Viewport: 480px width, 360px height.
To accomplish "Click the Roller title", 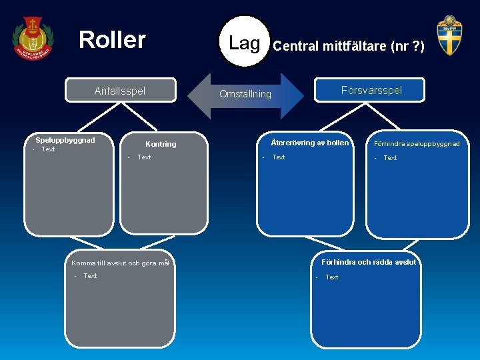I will point(112,40).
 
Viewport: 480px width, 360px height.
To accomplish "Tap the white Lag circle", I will point(244,43).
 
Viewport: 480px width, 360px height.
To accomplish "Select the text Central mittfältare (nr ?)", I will point(349,47).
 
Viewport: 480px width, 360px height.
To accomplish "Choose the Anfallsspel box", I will point(120,91).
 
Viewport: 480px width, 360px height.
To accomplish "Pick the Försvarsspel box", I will point(371,90).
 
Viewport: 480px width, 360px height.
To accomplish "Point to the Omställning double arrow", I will point(246,94).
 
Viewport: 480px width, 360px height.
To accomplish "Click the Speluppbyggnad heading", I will point(65,140).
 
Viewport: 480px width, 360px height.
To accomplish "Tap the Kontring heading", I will point(161,144).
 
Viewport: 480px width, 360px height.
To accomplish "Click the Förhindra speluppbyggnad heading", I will point(417,143).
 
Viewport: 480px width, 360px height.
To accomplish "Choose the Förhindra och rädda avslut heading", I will point(368,262).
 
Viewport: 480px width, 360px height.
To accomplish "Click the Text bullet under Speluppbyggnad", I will point(48,149).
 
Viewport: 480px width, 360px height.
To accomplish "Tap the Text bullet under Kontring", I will point(144,157).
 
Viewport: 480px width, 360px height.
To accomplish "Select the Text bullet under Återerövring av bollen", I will point(278,157).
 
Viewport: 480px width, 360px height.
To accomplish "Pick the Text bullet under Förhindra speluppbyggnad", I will point(390,158).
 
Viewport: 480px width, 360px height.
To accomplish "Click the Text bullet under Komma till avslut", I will point(90,276).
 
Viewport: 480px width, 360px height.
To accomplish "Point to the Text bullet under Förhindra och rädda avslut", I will point(331,277).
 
